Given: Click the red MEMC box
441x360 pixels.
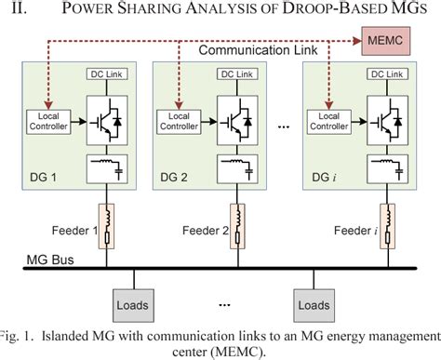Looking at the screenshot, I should pyautogui.click(x=384, y=40).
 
